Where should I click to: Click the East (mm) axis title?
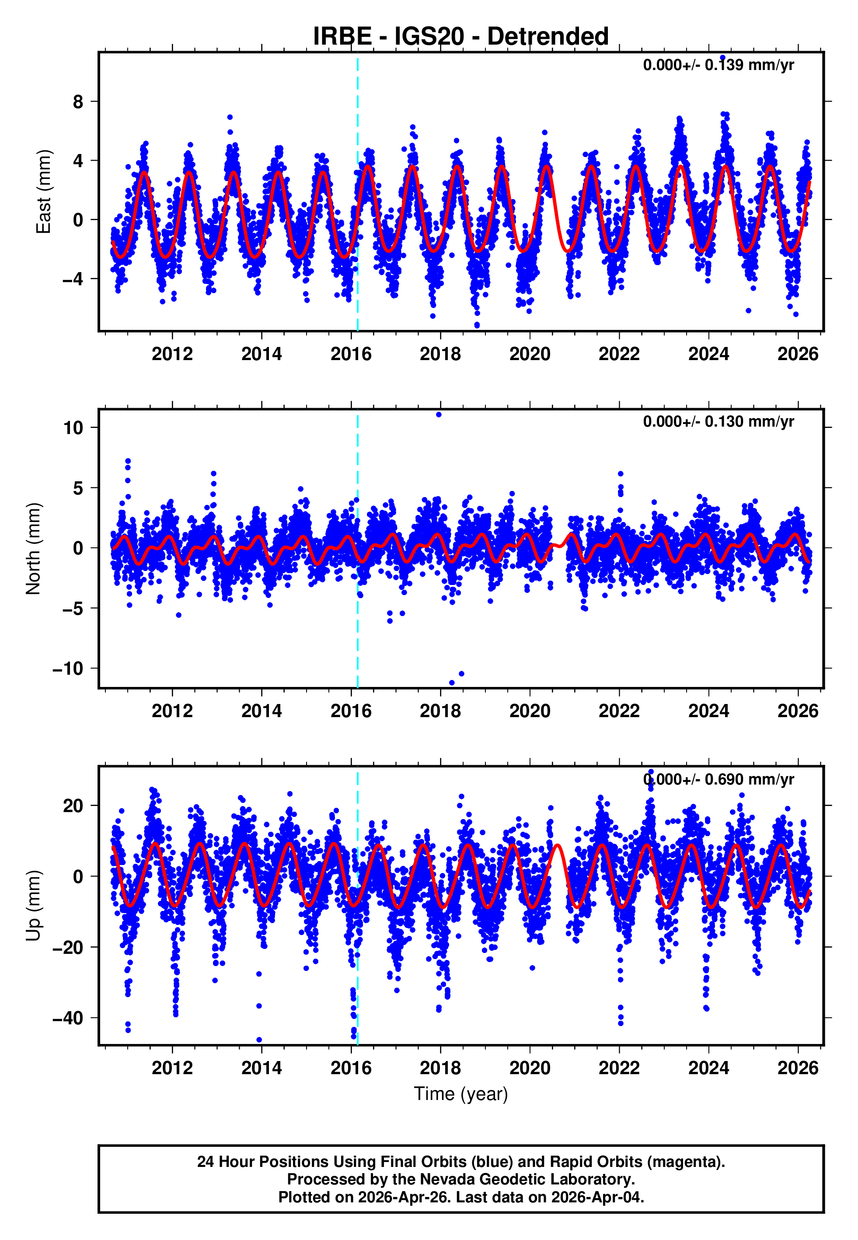point(43,192)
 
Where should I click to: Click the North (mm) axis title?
point(33,549)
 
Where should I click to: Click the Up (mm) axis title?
point(33,906)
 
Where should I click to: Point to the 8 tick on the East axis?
point(78,102)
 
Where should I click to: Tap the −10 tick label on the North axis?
point(68,669)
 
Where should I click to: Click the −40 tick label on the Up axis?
point(68,1018)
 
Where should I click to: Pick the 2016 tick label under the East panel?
point(351,354)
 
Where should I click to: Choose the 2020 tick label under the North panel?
point(530,711)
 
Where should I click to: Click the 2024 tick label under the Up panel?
point(708,1068)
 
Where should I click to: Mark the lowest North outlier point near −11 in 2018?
point(452,683)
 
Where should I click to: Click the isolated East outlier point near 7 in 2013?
point(230,117)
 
